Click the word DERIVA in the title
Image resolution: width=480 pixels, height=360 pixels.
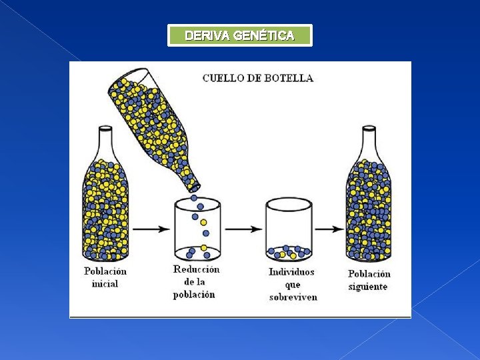207,36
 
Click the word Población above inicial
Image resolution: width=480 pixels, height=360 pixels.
105,271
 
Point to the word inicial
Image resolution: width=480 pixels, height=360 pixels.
105,283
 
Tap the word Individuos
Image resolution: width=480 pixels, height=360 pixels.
292,272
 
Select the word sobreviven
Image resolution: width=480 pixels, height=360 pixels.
293,297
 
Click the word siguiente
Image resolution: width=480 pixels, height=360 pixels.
368,287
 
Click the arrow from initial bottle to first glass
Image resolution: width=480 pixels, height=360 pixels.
154,229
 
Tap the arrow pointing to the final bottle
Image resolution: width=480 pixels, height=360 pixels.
329,229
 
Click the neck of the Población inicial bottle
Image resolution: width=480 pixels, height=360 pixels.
105,141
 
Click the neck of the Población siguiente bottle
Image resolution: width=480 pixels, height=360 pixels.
368,141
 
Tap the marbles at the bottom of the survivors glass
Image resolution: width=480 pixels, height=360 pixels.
289,252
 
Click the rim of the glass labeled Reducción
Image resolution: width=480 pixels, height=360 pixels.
197,202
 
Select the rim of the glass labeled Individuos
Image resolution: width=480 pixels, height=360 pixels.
289,202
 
